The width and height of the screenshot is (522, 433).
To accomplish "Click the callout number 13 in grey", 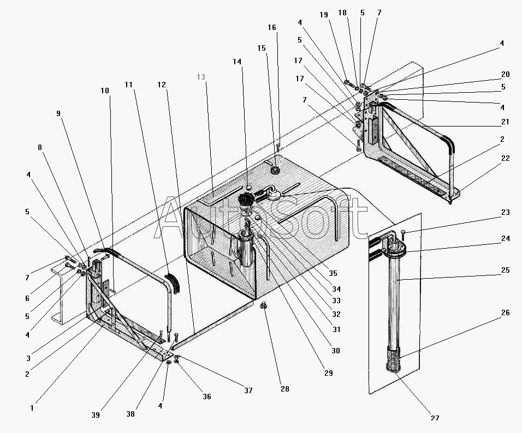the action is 201,77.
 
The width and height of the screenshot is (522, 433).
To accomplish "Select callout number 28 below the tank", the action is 284,389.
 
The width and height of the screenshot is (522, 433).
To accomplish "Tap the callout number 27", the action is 435,418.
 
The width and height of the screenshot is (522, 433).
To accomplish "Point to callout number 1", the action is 32,408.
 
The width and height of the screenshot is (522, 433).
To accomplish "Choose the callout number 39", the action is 96,415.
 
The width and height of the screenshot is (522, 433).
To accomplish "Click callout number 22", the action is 506,158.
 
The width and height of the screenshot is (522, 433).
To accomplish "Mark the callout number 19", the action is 324,15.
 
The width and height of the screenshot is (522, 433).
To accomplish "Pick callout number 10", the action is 105,91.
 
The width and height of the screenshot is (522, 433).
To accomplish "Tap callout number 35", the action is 333,273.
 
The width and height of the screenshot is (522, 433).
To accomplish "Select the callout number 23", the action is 506,212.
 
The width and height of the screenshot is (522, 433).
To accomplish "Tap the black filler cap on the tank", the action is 246,200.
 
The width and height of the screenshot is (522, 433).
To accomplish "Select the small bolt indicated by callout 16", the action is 277,146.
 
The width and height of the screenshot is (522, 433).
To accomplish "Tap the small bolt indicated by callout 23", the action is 404,235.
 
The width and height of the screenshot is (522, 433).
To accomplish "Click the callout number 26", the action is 506,312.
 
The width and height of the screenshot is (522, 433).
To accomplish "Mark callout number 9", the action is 58,113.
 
